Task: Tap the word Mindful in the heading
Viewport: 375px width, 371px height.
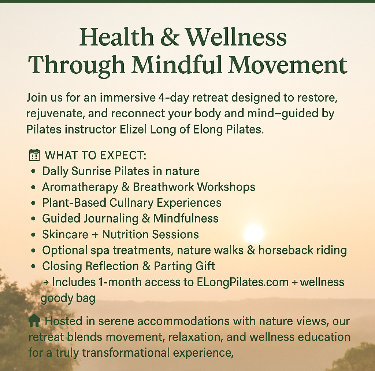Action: tap(177, 65)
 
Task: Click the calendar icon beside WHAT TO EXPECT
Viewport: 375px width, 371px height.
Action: tap(34, 155)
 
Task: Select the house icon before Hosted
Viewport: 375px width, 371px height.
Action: tap(34, 321)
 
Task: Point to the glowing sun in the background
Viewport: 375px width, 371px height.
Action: tap(254, 233)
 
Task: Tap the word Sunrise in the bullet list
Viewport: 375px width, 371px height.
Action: tap(91, 171)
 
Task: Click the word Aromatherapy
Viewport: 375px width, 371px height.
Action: tap(80, 187)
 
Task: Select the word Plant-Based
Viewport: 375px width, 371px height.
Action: tap(74, 203)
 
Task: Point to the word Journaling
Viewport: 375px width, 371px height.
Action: tap(111, 218)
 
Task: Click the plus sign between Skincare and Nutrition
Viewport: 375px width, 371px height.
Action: tap(95, 235)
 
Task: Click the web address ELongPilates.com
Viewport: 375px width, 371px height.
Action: tap(243, 282)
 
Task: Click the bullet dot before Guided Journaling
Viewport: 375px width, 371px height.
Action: tap(33, 219)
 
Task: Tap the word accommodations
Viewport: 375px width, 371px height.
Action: tap(183, 321)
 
